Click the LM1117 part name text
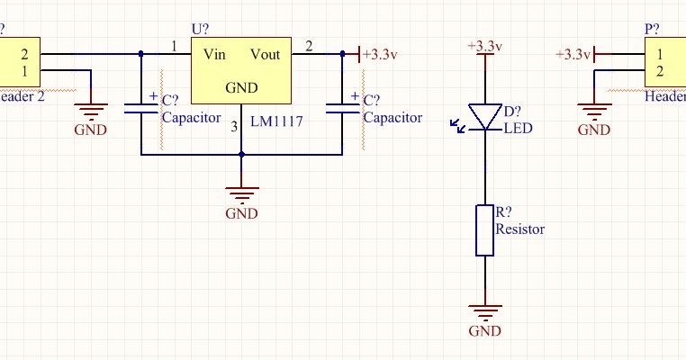277,119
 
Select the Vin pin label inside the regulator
214,54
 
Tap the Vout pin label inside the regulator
266,54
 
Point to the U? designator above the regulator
200,29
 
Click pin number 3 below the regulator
234,127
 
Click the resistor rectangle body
484,230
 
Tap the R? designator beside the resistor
504,213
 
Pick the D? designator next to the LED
512,112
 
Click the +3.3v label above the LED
484,46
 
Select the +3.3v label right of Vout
379,54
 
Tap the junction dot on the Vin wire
141,54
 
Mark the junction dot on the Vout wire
343,54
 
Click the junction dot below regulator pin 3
241,154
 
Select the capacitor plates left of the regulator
141,107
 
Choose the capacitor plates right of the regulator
343,107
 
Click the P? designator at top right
653,29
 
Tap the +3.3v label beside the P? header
573,54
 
